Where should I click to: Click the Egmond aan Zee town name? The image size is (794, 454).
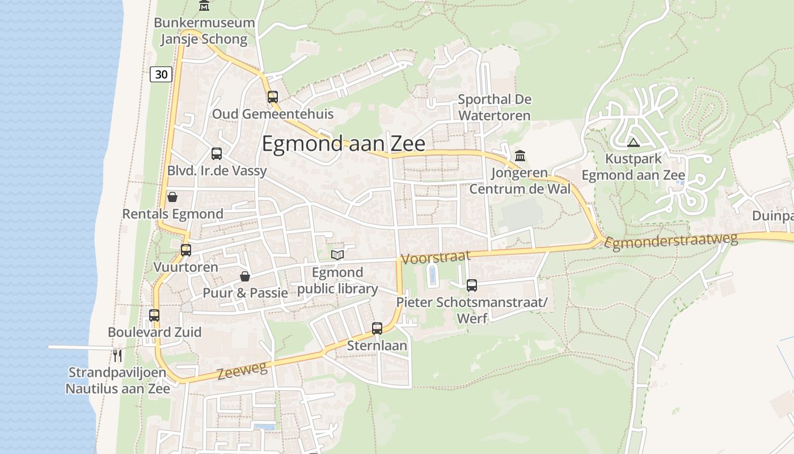click(x=343, y=144)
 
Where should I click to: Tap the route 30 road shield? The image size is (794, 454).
click(x=161, y=74)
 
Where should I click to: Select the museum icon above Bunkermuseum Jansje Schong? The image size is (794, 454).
click(x=204, y=6)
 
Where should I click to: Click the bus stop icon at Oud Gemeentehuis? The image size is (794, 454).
click(x=273, y=97)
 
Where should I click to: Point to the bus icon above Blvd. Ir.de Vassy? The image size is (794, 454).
click(x=217, y=154)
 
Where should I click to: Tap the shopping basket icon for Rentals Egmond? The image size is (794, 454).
click(x=172, y=197)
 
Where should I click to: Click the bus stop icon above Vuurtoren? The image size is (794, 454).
click(x=185, y=250)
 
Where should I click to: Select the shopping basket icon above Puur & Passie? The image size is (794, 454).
click(x=245, y=276)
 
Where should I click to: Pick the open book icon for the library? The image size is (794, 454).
click(x=337, y=255)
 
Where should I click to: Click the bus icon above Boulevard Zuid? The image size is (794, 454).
click(x=154, y=316)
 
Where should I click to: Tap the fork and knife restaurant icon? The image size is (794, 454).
click(x=117, y=356)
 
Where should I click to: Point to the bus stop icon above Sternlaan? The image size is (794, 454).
click(x=377, y=329)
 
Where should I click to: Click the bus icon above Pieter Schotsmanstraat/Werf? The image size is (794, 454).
click(x=472, y=285)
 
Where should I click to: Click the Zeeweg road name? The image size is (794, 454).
click(x=242, y=371)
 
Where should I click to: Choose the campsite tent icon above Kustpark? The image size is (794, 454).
click(x=633, y=142)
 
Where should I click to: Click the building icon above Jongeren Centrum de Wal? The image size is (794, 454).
click(x=520, y=155)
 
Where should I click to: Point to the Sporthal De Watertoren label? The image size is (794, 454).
click(x=495, y=107)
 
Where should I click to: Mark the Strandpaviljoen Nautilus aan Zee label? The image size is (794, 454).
click(x=117, y=381)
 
